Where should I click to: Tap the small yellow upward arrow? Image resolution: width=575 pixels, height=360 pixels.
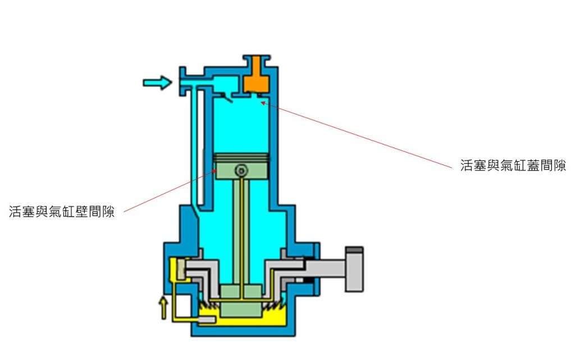pos(163,308)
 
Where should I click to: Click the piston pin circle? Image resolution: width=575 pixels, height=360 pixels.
pos(241,170)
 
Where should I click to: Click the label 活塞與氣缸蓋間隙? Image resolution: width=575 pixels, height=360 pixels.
pos(513,166)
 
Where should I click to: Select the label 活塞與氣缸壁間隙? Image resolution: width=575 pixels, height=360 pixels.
pos(62,212)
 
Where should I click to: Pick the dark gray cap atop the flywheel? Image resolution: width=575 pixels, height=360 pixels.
pos(354,249)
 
